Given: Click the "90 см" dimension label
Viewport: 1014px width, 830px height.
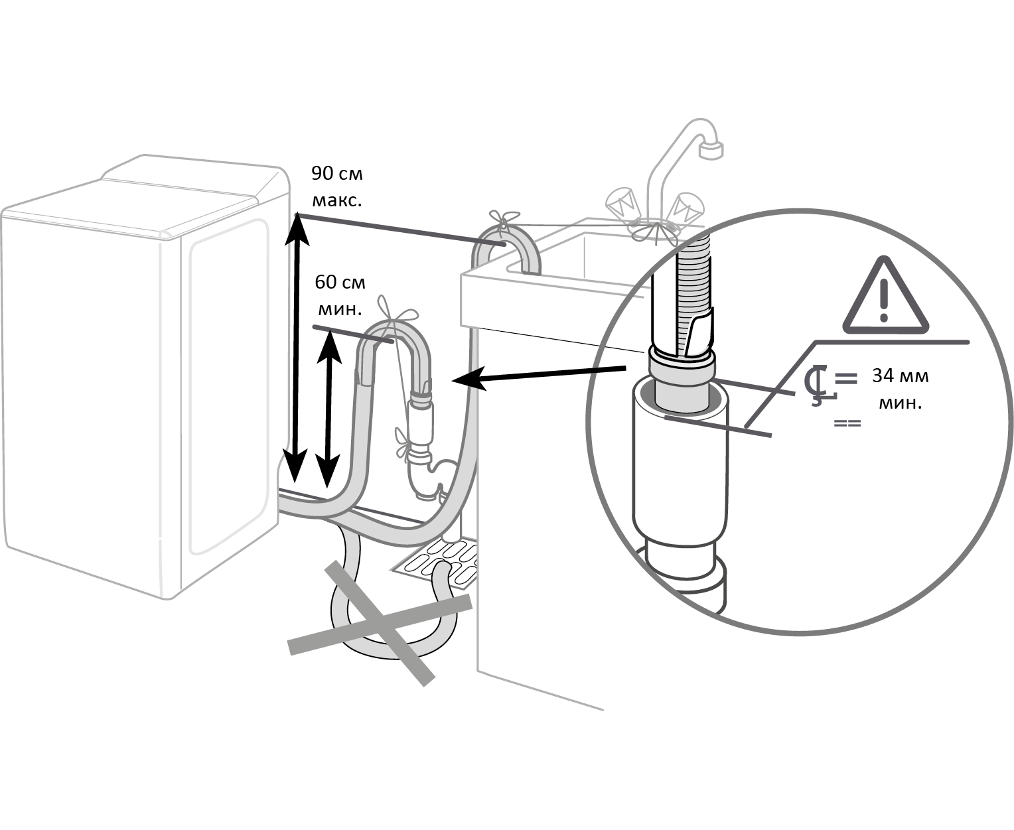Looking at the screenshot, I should pos(337,174).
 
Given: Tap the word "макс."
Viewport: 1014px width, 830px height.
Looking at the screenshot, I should pos(337,200).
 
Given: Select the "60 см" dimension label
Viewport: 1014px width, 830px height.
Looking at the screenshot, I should pos(340,282).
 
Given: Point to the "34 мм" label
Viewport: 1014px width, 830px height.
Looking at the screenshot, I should pos(900,376).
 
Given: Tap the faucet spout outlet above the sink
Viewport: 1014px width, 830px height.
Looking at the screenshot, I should pos(711,150).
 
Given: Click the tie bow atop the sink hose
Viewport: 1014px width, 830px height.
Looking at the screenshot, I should pos(504,219).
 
